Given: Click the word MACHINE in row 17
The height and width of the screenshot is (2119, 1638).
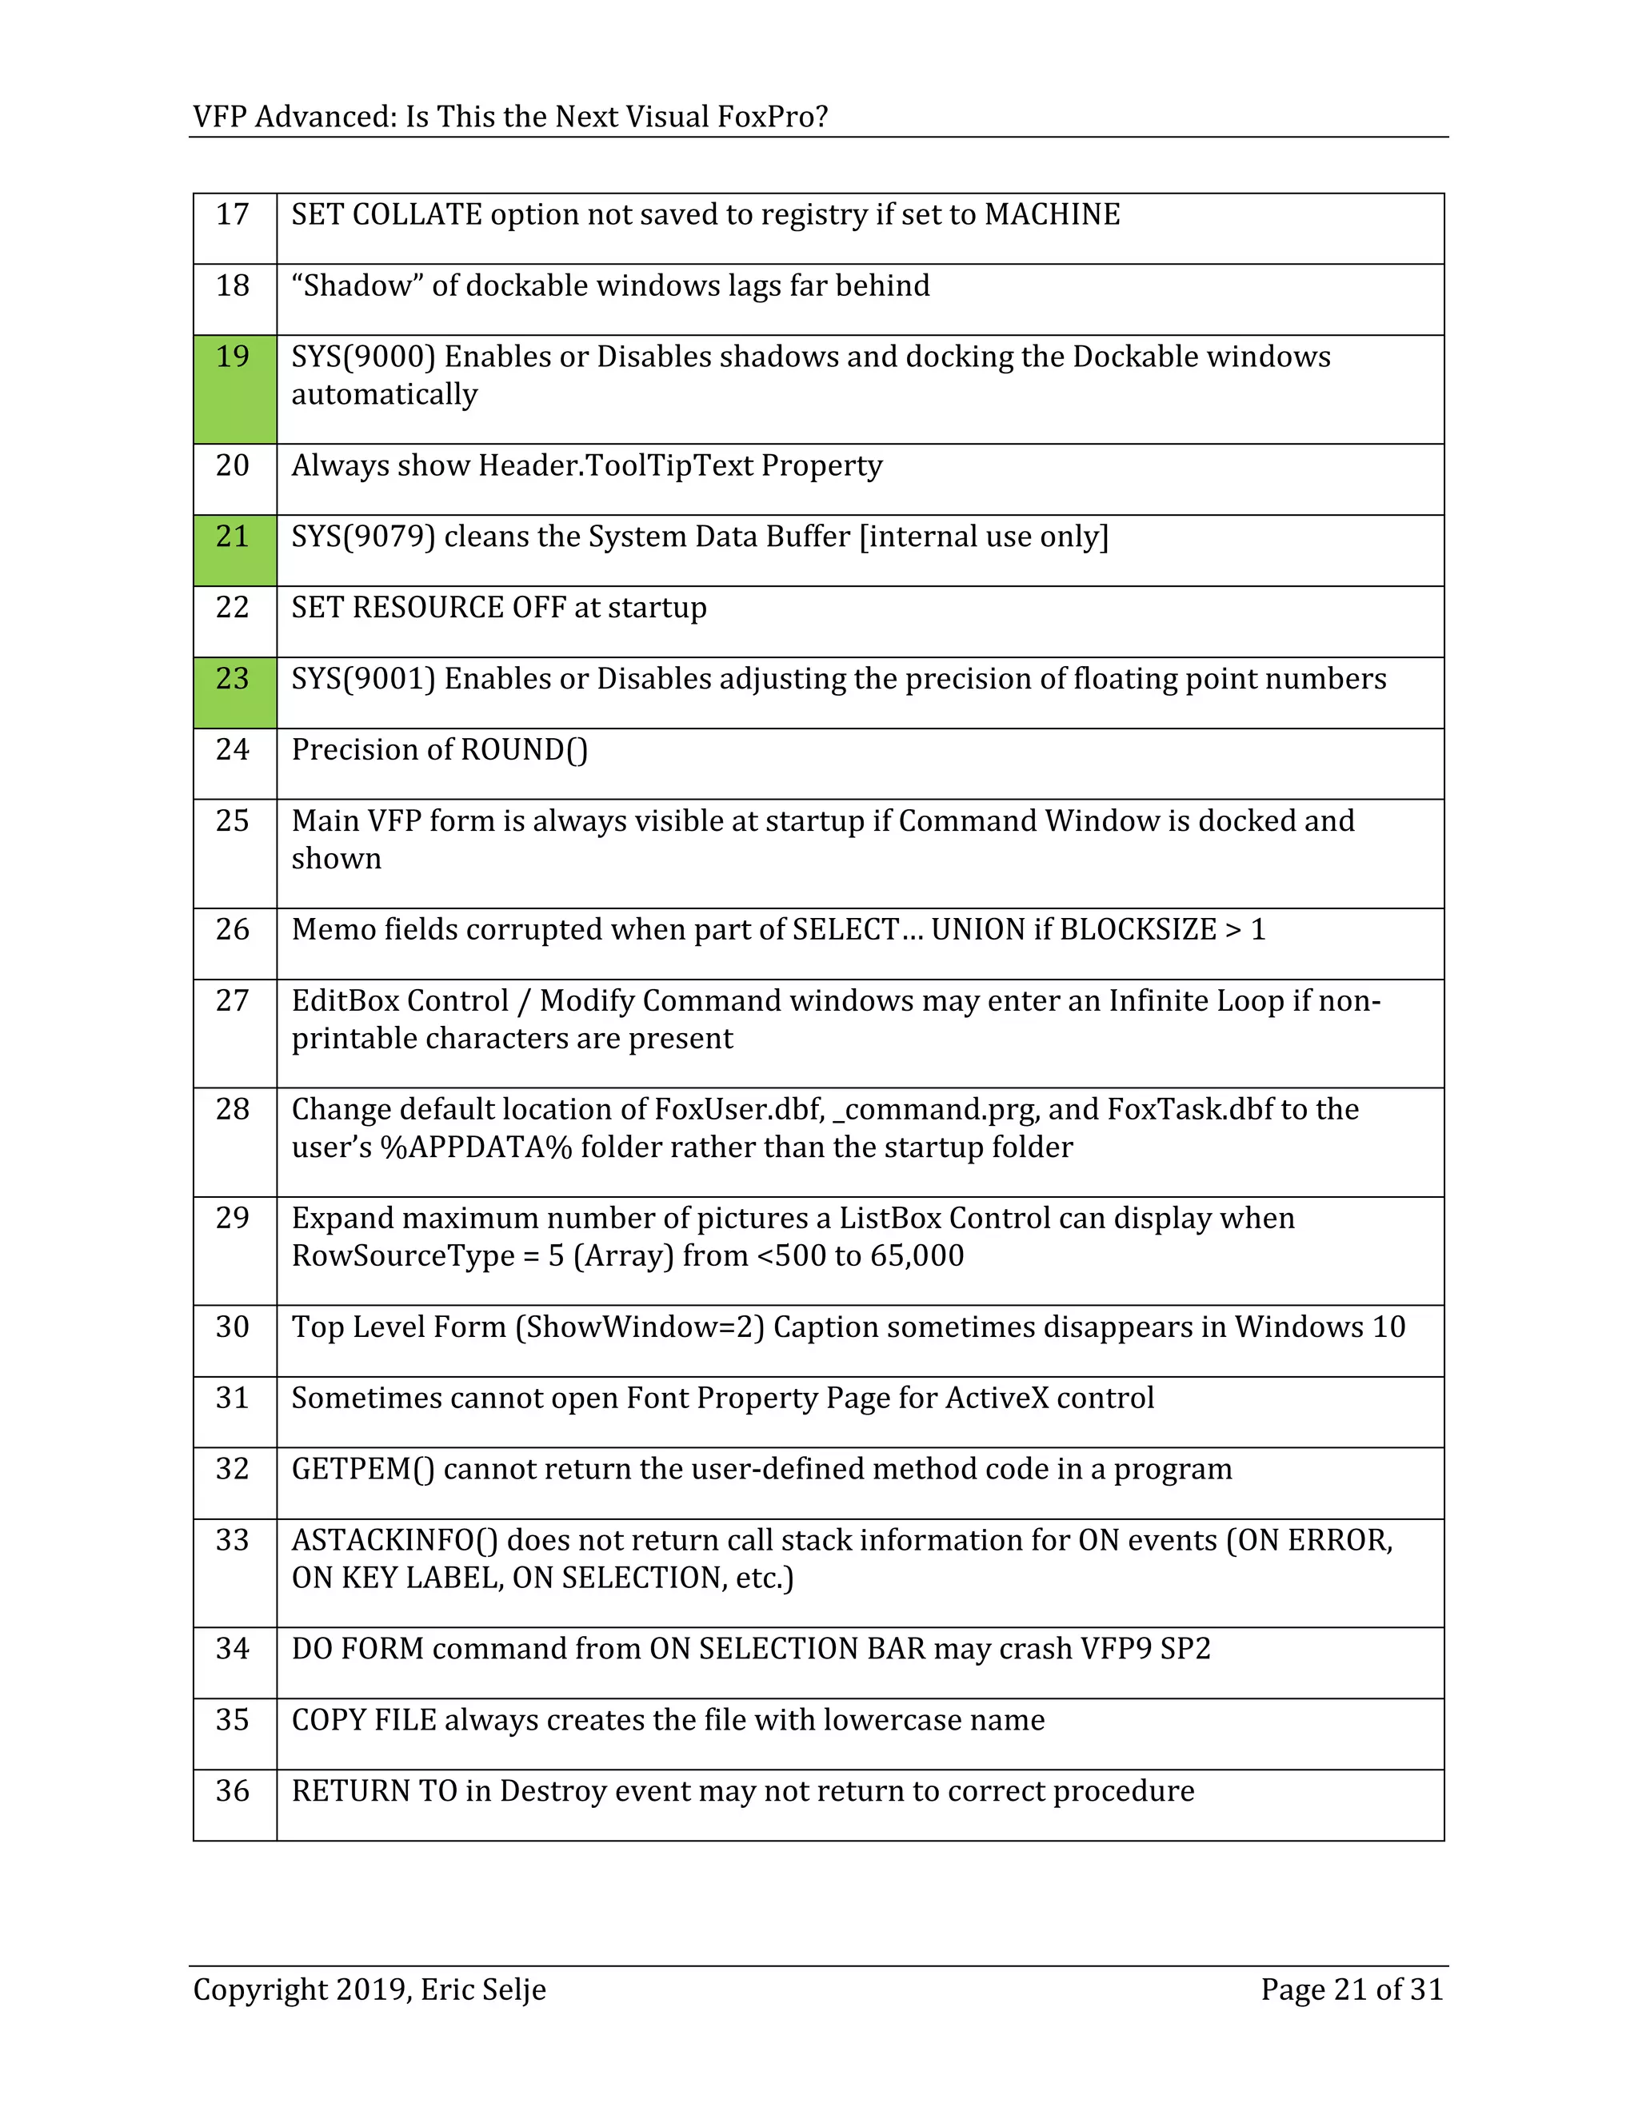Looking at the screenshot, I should click(x=1052, y=215).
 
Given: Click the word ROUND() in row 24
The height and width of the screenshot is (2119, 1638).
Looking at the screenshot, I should click(x=524, y=750).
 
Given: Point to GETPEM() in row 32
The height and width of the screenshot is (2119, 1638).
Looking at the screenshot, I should click(x=363, y=1470).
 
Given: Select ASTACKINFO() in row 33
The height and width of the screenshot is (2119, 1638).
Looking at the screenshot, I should click(x=395, y=1541).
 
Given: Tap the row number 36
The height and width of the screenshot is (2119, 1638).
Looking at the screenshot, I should click(x=233, y=1791).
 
